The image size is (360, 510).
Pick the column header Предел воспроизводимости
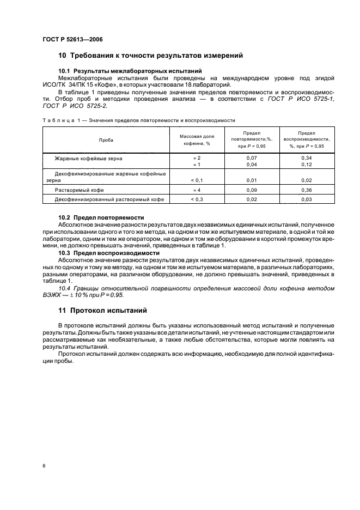point(307,139)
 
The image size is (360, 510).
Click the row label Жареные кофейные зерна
point(88,158)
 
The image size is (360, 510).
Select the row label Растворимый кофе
point(79,190)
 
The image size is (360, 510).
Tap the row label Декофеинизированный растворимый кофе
point(108,199)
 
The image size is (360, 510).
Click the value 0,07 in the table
point(252,158)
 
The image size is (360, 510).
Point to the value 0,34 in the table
point(307,158)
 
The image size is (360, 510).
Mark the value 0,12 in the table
point(307,165)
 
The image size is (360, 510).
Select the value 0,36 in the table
point(307,190)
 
